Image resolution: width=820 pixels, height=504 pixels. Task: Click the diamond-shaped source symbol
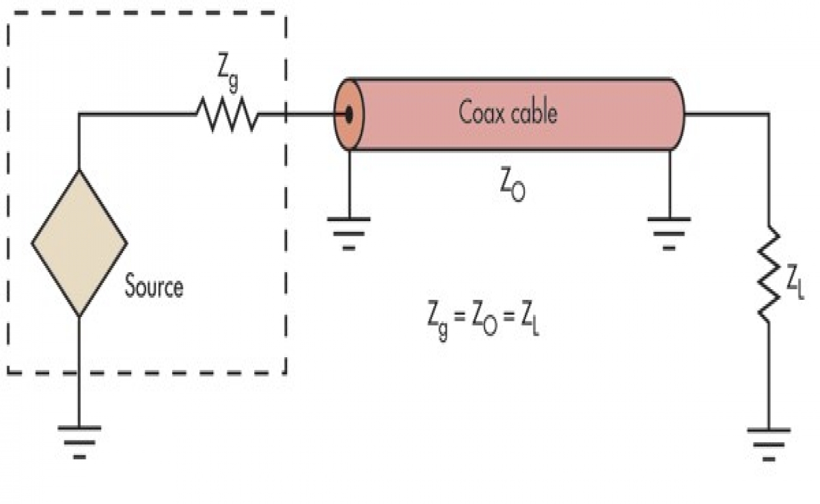[79, 243]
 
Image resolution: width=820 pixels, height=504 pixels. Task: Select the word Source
[154, 287]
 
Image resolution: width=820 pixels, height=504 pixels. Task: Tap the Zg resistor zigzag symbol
[226, 115]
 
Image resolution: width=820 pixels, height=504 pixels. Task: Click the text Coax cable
[508, 113]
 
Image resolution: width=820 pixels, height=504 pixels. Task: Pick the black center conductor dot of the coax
[348, 115]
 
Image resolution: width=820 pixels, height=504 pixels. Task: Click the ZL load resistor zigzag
[768, 275]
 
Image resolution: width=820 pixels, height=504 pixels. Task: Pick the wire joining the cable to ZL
[725, 115]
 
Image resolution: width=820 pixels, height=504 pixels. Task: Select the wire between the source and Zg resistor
[136, 115]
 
